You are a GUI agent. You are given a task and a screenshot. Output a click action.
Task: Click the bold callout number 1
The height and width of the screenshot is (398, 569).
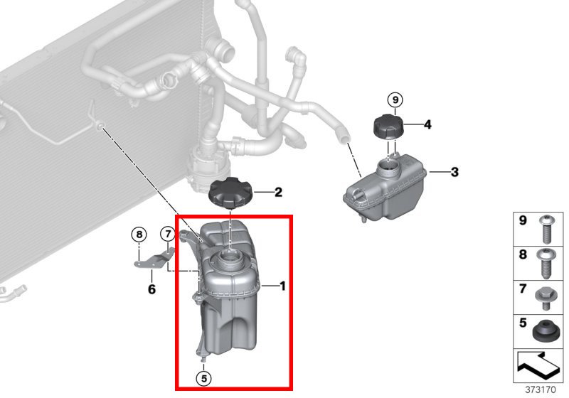[x=282, y=286]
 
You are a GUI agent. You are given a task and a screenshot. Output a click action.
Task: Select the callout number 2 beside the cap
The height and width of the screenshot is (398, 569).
[x=278, y=192]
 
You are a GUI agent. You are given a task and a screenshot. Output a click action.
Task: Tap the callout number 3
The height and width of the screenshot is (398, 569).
[x=455, y=172]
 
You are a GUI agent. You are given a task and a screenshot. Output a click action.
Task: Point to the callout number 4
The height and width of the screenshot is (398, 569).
[x=427, y=124]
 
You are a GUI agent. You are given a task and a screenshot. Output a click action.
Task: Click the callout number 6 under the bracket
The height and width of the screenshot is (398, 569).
[x=151, y=289]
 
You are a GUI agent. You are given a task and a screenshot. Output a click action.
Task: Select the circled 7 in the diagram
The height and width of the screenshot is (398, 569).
[x=166, y=234]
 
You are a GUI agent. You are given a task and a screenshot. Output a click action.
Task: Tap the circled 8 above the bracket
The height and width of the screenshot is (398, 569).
[x=139, y=234]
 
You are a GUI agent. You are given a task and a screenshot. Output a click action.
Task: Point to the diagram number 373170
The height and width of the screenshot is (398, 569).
[x=541, y=390]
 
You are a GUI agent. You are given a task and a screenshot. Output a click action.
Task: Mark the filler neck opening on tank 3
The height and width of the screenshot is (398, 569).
[x=389, y=168]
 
